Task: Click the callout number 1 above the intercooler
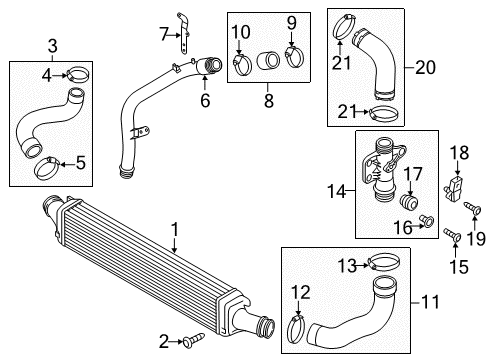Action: tap(174, 230)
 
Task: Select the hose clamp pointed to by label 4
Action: tap(78, 74)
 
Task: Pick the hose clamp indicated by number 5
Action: tap(47, 167)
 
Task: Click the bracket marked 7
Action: tap(183, 33)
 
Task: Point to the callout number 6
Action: tap(205, 100)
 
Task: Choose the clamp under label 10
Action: tap(242, 64)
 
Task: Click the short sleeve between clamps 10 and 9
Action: tap(268, 61)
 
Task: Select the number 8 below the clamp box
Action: tap(269, 101)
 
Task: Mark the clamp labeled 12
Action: tap(296, 330)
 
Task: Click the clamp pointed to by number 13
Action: tap(383, 262)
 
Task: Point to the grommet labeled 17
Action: tap(409, 202)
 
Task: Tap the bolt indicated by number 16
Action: tap(427, 221)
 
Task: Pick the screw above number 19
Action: tap(473, 208)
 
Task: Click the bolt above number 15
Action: tap(452, 235)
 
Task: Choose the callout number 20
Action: tap(425, 68)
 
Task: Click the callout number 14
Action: tap(337, 192)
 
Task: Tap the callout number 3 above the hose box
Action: tap(53, 46)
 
